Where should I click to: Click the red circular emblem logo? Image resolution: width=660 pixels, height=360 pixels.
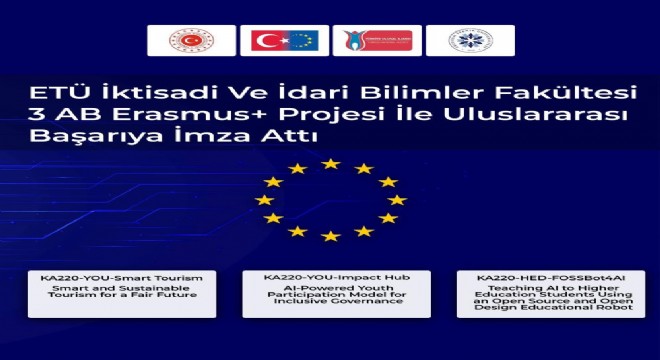[191, 40]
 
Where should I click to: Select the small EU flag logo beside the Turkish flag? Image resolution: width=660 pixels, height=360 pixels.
[301, 40]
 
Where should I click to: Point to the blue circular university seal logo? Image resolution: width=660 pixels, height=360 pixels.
[470, 40]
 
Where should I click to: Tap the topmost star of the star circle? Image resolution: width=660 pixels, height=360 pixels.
[331, 163]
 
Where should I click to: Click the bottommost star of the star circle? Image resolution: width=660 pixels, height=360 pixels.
[331, 236]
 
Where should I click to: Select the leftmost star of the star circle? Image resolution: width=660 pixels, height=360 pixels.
[264, 200]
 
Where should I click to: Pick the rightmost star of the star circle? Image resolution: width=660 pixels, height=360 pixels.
[397, 200]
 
